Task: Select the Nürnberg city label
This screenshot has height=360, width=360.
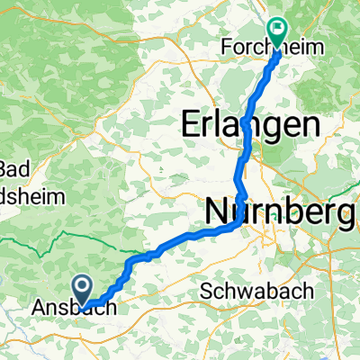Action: pos(278,212)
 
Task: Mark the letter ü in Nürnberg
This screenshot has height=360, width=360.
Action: pos(241,212)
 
